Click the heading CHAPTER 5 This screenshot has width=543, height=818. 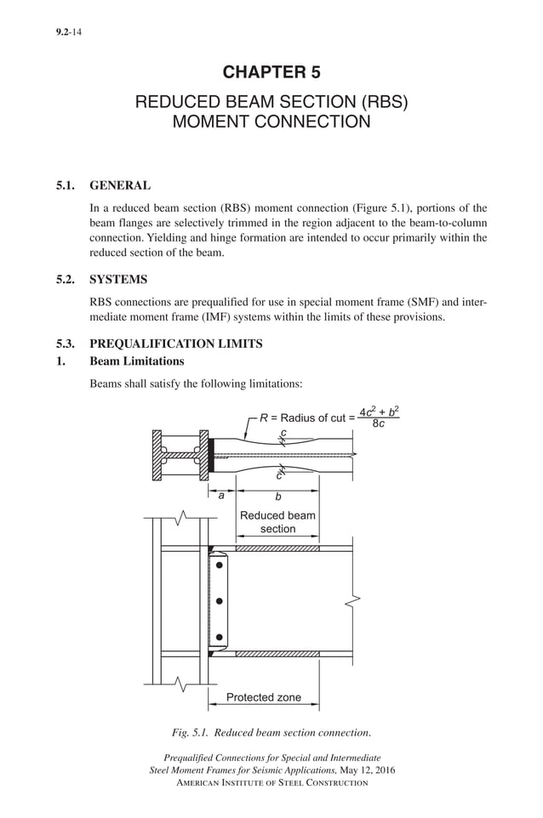pyautogui.click(x=271, y=72)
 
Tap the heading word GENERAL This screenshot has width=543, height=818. pyautogui.click(x=121, y=185)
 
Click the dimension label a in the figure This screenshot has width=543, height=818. pyautogui.click(x=221, y=496)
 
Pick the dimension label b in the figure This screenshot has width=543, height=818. pyautogui.click(x=277, y=497)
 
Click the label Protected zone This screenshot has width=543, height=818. pyautogui.click(x=264, y=697)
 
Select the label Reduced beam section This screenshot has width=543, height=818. pyautogui.click(x=277, y=522)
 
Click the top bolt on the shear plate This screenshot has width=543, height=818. pyautogui.click(x=220, y=565)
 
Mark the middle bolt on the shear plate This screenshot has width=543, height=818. pyautogui.click(x=220, y=601)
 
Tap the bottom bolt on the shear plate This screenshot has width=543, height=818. pyautogui.click(x=220, y=637)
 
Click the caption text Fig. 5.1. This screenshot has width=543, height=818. pyautogui.click(x=192, y=733)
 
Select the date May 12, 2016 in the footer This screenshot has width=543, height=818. pyautogui.click(x=366, y=770)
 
